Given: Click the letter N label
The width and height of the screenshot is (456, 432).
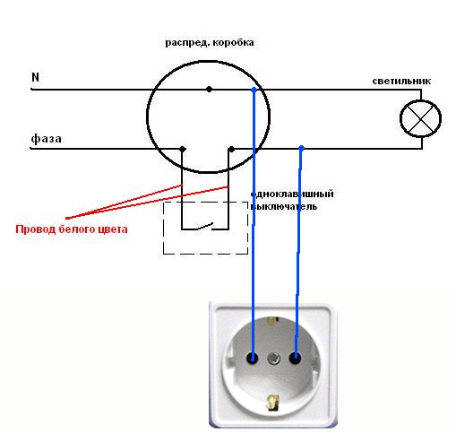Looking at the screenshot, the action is pos(35,77).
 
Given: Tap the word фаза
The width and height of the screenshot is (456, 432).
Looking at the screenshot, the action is pos(46,139).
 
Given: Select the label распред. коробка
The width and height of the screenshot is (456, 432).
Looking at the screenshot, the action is pos(210,43).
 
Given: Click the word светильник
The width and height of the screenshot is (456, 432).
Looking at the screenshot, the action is pos(401,81).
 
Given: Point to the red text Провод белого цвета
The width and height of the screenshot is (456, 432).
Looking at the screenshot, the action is pos(72,229).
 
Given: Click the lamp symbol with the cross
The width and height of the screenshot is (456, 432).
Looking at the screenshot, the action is pos(420,118).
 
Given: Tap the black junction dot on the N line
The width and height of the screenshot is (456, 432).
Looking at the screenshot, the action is pos(209,89).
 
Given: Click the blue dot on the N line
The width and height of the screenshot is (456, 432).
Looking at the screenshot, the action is pos(254,90).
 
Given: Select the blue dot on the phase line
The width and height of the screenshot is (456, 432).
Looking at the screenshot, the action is pos(302,148).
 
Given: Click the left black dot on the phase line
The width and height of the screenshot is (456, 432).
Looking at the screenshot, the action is pos(183,149).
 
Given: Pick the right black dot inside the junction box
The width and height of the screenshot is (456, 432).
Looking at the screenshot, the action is pos(231,149).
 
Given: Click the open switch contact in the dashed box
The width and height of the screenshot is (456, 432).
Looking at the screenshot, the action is pos(205,226).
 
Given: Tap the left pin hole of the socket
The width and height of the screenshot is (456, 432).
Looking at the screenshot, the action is pos(253,358).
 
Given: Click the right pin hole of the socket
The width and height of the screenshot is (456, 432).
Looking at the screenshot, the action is pos(296,358).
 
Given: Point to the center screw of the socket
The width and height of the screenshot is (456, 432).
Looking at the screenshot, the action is pos(274,358).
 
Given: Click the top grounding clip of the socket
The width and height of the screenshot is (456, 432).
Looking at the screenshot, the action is pos(271,322).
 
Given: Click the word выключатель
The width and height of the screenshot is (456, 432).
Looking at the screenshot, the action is pos(284,206).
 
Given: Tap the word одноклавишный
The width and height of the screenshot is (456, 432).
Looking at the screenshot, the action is pos(292,194).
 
